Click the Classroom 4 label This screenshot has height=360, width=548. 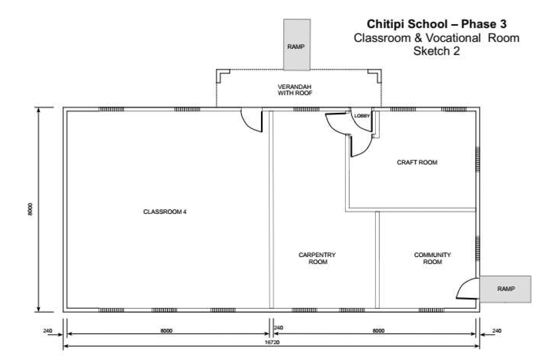click(x=165, y=212)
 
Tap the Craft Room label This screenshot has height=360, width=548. click(x=417, y=162)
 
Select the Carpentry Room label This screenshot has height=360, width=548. click(x=317, y=258)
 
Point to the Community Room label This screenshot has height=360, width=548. click(x=432, y=258)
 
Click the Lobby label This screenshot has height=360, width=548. click(x=362, y=116)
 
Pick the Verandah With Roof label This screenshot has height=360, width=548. click(x=295, y=90)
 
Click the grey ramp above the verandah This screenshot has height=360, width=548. click(x=297, y=44)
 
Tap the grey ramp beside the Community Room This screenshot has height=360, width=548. click(x=505, y=289)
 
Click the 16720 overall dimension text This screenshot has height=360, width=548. click(x=272, y=342)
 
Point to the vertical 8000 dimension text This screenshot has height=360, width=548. click(x=30, y=209)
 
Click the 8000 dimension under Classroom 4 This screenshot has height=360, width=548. click(x=166, y=331)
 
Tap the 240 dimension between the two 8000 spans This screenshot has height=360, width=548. click(x=278, y=327)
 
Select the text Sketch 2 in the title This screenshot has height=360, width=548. click(x=437, y=51)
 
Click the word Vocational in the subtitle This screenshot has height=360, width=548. click(x=453, y=38)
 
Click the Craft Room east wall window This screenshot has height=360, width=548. click(x=478, y=161)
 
